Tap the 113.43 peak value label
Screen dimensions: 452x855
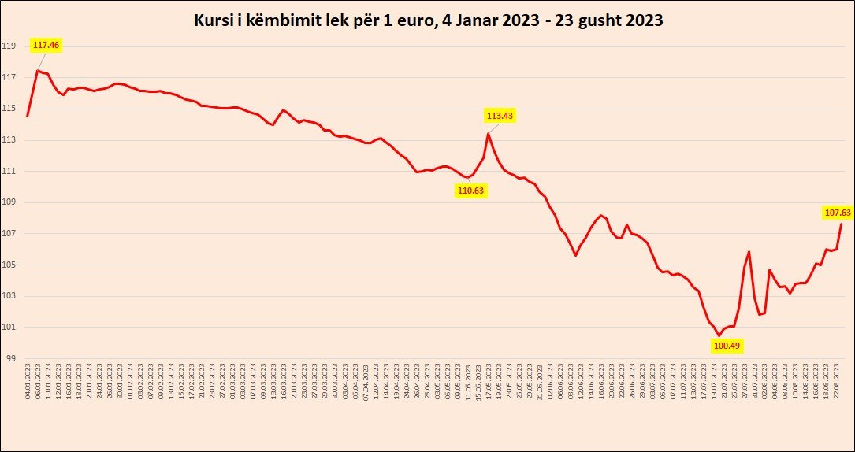(x=500, y=116)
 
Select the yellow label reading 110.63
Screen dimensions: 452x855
(x=470, y=190)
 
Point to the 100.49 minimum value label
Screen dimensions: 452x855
(x=727, y=345)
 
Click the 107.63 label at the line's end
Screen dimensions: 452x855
(x=837, y=213)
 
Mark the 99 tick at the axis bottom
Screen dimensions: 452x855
(x=11, y=358)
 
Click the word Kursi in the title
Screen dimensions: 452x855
(x=211, y=21)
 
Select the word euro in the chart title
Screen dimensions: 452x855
(x=411, y=21)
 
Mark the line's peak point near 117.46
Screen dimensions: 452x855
(x=38, y=71)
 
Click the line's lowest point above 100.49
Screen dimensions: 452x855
(x=719, y=335)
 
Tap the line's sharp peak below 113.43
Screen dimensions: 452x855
(x=489, y=133)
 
